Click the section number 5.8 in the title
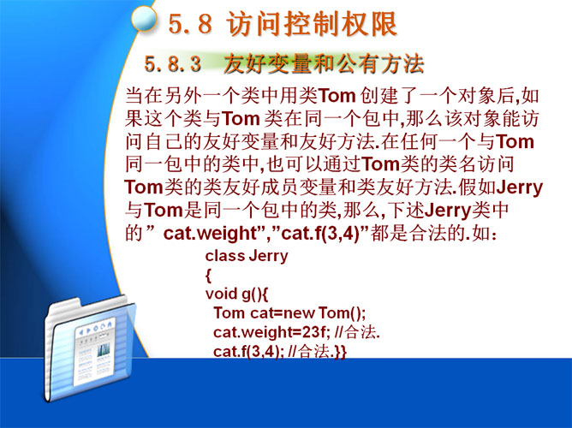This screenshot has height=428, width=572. pyautogui.click(x=190, y=24)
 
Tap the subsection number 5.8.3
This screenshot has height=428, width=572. pyautogui.click(x=173, y=64)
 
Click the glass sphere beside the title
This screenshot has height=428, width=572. pyautogui.click(x=144, y=20)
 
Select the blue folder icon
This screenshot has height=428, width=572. pyautogui.click(x=90, y=348)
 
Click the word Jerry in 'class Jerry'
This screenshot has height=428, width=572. pyautogui.click(x=268, y=256)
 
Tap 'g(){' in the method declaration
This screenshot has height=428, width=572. pyautogui.click(x=254, y=294)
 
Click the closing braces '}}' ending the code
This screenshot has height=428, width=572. pyautogui.click(x=340, y=352)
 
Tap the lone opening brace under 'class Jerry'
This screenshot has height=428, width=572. pyautogui.click(x=208, y=276)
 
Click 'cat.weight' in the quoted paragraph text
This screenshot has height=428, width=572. pyautogui.click(x=210, y=234)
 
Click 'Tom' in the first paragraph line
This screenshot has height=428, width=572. pyautogui.click(x=337, y=96)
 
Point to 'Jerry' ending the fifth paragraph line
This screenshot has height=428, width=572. pyautogui.click(x=520, y=188)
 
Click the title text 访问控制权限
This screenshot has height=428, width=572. pyautogui.click(x=311, y=24)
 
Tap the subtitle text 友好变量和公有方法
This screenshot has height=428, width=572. pyautogui.click(x=323, y=64)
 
